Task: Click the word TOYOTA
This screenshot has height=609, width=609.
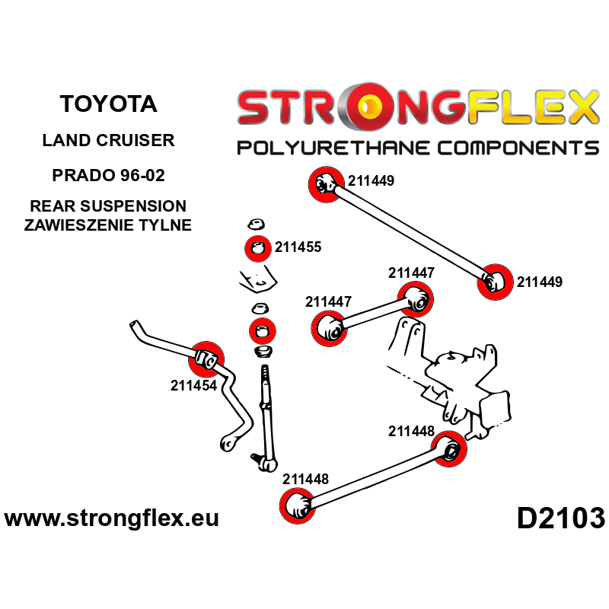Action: (107, 104)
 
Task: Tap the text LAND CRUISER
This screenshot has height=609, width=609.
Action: (107, 140)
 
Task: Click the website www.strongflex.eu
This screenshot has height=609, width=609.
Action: (112, 519)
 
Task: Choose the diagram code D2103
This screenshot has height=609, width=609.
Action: (560, 518)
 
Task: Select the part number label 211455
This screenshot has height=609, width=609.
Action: (298, 247)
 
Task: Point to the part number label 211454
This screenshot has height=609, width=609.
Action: (193, 385)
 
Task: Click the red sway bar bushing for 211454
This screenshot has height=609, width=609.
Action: (206, 356)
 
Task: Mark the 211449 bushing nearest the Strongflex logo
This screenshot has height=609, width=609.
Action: (324, 183)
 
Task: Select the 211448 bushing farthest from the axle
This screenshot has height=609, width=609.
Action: (298, 505)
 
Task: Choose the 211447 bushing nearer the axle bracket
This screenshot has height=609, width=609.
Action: (416, 298)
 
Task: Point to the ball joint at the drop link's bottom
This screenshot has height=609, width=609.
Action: (265, 459)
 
